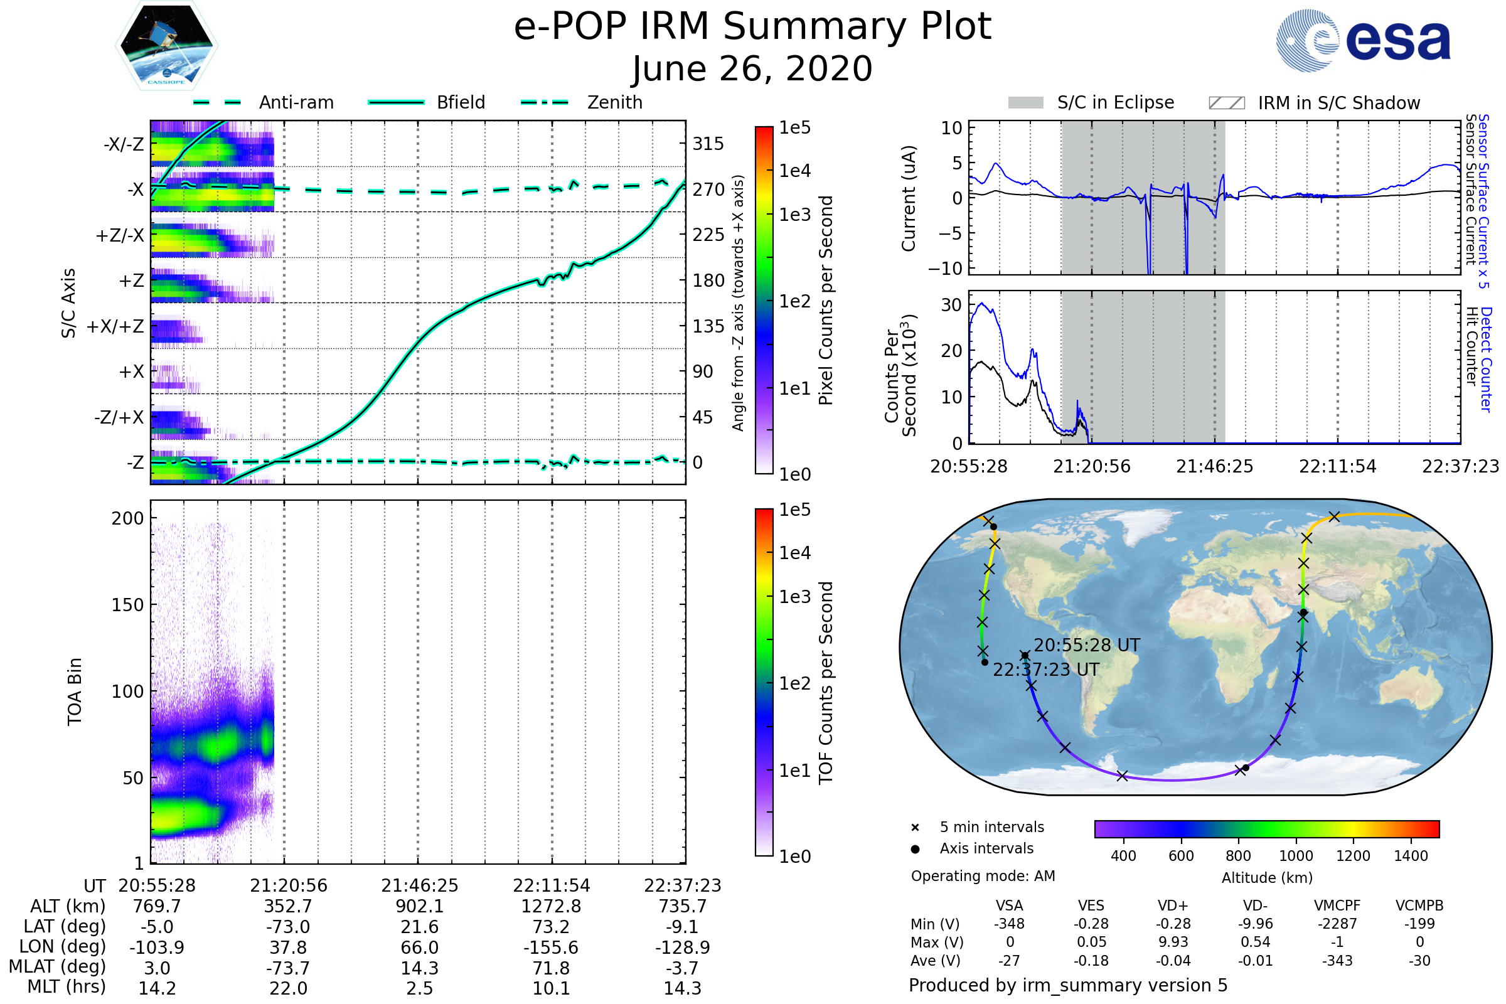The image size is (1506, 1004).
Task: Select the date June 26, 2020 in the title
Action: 752,68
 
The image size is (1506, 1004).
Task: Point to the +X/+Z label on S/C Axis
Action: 115,326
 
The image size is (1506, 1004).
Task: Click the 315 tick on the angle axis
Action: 708,144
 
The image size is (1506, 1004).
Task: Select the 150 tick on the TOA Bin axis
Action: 127,604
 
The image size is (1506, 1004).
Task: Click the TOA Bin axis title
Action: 74,691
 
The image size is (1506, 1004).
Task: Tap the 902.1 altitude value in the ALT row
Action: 419,906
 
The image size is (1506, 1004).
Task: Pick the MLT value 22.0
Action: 288,988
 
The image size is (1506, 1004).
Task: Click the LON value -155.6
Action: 551,947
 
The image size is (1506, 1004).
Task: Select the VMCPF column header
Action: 1337,905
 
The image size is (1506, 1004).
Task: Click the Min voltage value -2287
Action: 1337,923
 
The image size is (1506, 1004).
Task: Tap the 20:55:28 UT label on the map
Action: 1087,645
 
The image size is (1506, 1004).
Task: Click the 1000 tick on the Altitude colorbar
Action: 1295,855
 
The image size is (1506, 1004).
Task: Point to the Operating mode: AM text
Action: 983,875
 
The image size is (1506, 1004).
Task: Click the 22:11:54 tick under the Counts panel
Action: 1337,466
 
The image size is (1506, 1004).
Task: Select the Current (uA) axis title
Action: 909,198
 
